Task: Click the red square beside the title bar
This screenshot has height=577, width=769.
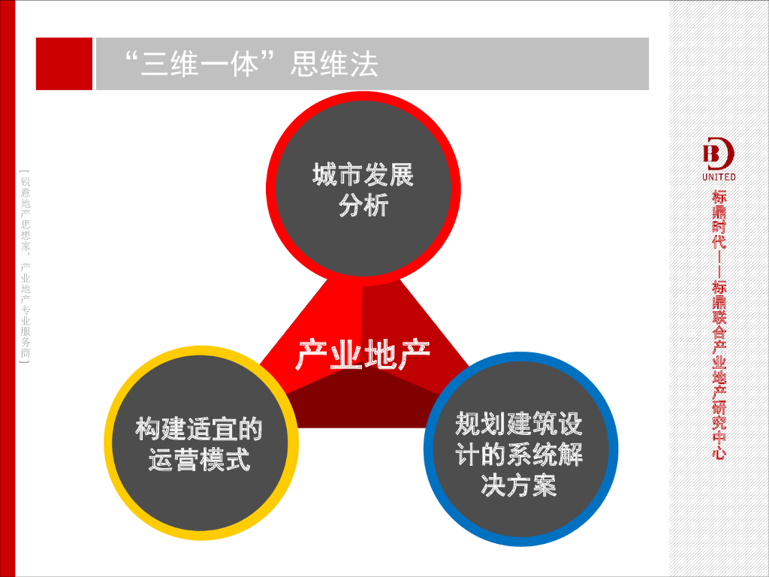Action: pyautogui.click(x=64, y=64)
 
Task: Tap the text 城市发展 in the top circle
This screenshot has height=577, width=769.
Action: pyautogui.click(x=363, y=176)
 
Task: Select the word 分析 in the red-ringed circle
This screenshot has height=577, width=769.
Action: pyautogui.click(x=363, y=205)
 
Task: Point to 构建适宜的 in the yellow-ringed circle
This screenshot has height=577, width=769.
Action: pyautogui.click(x=198, y=430)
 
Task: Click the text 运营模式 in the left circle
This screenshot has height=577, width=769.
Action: pyautogui.click(x=198, y=460)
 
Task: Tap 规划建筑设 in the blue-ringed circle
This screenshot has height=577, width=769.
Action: pyautogui.click(x=518, y=425)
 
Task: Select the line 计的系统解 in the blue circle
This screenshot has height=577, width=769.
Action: pyautogui.click(x=518, y=455)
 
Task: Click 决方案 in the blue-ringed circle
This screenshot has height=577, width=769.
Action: pyautogui.click(x=518, y=485)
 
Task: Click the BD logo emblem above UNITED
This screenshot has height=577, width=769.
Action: pyautogui.click(x=718, y=154)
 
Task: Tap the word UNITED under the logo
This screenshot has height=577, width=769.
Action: pyautogui.click(x=719, y=177)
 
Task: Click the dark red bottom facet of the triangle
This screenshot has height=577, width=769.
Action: pyautogui.click(x=360, y=409)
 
